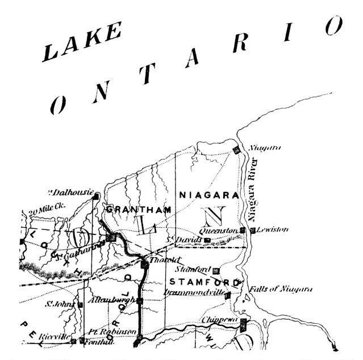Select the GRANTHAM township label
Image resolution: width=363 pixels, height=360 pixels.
[x=139, y=210]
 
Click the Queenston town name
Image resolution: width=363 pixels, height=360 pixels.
[x=222, y=231]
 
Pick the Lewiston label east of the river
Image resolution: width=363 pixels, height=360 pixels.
[x=272, y=230]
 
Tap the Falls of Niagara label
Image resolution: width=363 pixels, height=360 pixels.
[x=282, y=289]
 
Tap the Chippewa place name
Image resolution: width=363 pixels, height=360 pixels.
[x=221, y=320]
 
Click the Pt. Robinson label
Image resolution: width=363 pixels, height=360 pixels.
[x=112, y=331]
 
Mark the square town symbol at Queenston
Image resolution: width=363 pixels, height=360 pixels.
[x=243, y=231]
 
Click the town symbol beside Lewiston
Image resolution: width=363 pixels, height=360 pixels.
[x=252, y=231]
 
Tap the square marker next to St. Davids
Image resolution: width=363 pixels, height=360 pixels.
[x=207, y=240]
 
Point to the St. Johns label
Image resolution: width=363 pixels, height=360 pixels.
[x=59, y=304]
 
